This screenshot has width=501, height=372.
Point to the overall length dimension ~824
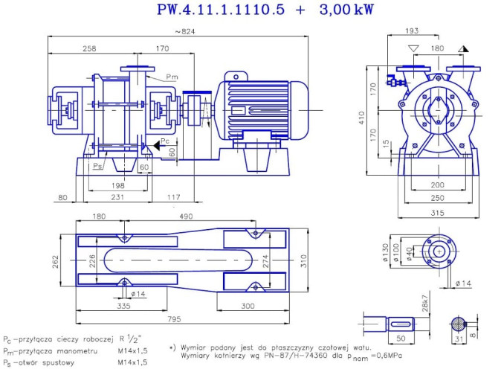tap(180, 31)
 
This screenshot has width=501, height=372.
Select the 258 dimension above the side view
tap(89, 49)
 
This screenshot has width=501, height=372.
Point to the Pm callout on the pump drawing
tap(172, 77)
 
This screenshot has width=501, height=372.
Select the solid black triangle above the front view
tap(463, 48)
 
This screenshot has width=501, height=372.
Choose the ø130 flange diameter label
tap(387, 248)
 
